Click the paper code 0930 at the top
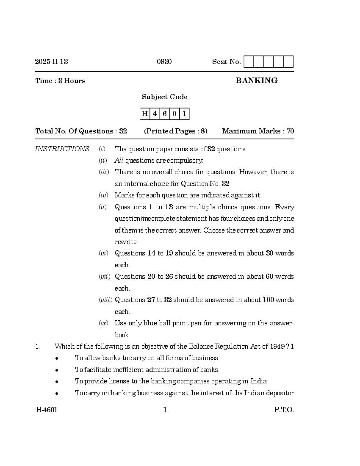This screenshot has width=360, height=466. click(x=164, y=62)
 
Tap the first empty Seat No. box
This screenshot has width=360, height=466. click(x=249, y=62)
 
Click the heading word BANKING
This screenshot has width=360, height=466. click(x=257, y=80)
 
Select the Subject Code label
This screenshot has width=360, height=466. click(x=165, y=97)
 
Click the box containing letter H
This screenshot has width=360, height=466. click(x=145, y=114)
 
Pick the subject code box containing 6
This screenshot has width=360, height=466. click(x=165, y=114)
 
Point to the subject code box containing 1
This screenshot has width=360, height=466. click(x=184, y=114)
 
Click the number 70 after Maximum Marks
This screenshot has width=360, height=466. click(x=290, y=131)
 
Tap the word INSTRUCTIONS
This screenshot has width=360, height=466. click(x=62, y=149)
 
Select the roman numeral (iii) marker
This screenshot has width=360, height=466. click(x=104, y=172)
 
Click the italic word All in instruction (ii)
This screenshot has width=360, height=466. click(x=119, y=161)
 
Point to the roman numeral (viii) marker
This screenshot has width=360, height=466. click(x=105, y=300)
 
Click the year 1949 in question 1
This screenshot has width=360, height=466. click(x=277, y=347)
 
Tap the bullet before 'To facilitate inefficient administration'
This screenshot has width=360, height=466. click(x=57, y=370)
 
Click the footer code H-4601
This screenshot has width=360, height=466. click(x=46, y=410)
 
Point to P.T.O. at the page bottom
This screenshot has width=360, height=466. click(x=283, y=410)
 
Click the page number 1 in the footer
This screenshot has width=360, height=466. click(x=165, y=410)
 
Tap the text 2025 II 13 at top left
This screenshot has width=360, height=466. click(x=51, y=62)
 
